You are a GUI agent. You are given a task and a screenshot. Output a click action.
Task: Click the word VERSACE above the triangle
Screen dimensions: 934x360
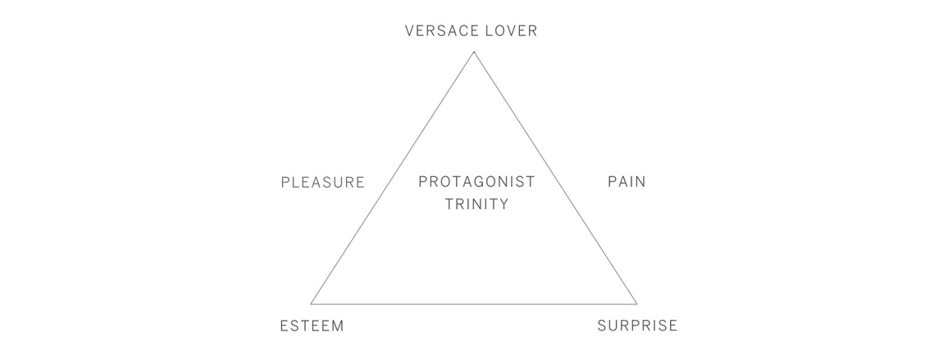click(x=441, y=31)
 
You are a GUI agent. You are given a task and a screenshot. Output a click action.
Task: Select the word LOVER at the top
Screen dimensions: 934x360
click(x=511, y=31)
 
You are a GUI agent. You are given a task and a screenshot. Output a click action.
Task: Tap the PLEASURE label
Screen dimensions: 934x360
click(x=323, y=182)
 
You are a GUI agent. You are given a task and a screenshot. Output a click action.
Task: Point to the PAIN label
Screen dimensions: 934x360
click(x=626, y=181)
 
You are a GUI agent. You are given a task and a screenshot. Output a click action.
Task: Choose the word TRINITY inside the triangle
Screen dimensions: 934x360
click(x=476, y=204)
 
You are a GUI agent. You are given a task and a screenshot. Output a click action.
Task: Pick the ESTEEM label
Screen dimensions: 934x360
click(x=312, y=326)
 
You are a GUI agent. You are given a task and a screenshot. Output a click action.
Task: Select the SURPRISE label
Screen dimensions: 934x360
click(x=637, y=326)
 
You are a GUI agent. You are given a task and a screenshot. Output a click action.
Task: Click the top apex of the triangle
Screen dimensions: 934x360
click(x=474, y=52)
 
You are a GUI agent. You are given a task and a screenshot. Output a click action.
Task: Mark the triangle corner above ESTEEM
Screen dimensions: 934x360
click(x=311, y=304)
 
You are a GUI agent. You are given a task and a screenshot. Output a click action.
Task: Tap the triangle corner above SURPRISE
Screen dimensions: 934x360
click(x=637, y=304)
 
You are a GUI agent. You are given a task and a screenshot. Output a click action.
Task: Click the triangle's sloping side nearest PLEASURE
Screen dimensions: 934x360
click(x=393, y=178)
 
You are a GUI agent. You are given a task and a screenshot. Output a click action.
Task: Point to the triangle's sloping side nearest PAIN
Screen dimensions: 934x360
click(x=555, y=178)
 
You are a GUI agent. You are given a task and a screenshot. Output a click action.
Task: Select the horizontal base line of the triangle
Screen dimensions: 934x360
click(x=474, y=304)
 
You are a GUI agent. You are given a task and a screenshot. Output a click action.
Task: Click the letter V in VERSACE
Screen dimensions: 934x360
click(x=410, y=31)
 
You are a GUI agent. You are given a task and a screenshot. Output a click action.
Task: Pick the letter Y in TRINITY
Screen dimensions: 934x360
click(x=503, y=204)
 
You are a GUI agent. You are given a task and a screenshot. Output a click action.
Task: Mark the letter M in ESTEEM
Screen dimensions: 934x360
click(x=337, y=326)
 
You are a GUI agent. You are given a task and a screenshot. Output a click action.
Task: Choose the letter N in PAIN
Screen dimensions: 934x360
click(x=640, y=181)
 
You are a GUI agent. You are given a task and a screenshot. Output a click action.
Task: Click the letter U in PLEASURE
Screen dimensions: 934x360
click(x=337, y=182)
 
